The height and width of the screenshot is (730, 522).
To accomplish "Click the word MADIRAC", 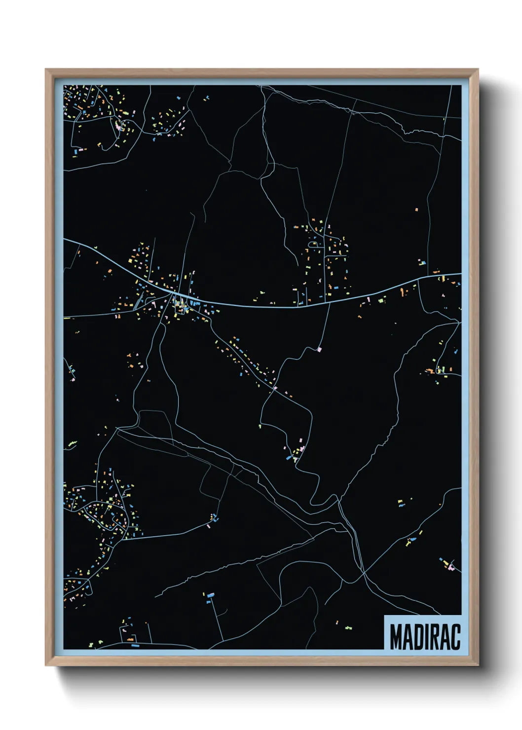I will pos(425,637).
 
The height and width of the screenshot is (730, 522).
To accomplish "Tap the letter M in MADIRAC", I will pos(396,637).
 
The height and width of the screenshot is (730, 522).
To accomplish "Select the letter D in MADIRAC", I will pos(418,637).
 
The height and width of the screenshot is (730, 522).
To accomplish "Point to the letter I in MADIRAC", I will pos(427,637).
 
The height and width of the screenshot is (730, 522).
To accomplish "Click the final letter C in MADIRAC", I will pos(455,637).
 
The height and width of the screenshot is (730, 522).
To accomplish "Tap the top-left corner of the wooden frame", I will pos(46,70).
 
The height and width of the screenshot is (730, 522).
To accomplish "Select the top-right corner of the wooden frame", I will pos(477,70).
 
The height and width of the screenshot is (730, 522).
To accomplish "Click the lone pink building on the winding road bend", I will pos(319,349).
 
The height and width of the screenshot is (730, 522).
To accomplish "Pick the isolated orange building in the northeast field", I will pos(416,210).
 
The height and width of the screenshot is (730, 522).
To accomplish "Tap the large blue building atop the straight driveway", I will pos(211,595).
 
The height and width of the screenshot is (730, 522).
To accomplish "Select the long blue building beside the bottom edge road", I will pos(135,645).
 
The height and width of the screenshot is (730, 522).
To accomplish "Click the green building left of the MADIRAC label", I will pos(349,628).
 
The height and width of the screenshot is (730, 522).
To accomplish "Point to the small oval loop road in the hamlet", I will pos(313,244).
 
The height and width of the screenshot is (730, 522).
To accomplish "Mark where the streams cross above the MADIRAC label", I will pos(364,573).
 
